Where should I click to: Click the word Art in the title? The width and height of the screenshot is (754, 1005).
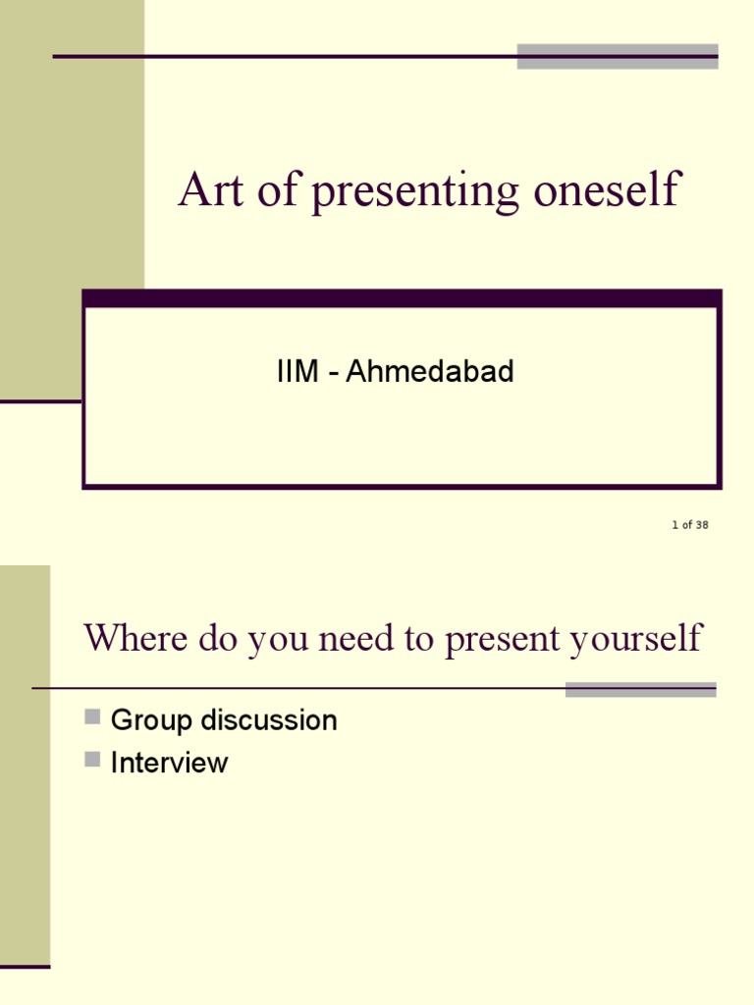211,189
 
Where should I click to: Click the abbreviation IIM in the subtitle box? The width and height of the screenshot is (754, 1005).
297,371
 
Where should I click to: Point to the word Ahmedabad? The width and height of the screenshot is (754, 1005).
430,371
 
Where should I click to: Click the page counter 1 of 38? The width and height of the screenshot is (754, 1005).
690,525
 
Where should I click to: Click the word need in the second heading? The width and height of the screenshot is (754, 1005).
355,638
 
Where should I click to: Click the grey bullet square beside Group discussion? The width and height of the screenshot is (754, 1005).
92,716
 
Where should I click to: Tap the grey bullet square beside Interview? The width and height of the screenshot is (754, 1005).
92,760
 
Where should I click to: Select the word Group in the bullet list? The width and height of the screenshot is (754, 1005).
151,721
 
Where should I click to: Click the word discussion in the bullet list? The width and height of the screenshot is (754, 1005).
269,719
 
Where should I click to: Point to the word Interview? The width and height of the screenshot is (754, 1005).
169,763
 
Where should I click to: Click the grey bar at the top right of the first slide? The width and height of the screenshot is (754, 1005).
618,56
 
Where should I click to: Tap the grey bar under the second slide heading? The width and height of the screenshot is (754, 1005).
640,690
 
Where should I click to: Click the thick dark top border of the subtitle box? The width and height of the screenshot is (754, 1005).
402,298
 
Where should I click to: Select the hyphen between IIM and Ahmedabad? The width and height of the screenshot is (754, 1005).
333,374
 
